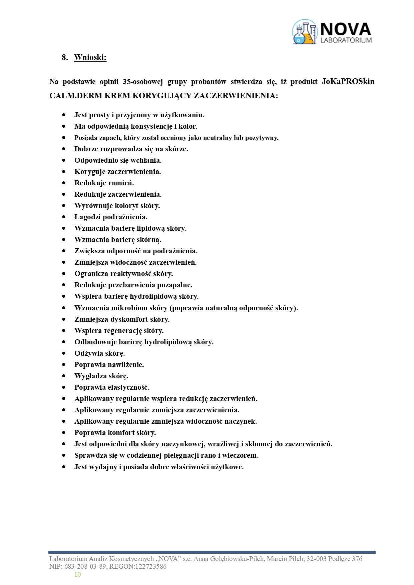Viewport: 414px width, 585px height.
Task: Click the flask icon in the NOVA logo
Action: click(304, 32)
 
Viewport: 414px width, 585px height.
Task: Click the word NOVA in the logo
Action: click(345, 29)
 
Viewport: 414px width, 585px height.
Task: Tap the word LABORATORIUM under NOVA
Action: click(346, 40)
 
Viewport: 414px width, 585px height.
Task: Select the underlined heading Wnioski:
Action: click(90, 57)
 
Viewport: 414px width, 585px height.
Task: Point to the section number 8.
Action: click(65, 57)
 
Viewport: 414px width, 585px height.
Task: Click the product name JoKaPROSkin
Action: click(348, 82)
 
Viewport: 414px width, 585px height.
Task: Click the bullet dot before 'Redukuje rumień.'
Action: click(64, 183)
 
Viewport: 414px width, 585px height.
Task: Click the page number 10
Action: click(77, 574)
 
